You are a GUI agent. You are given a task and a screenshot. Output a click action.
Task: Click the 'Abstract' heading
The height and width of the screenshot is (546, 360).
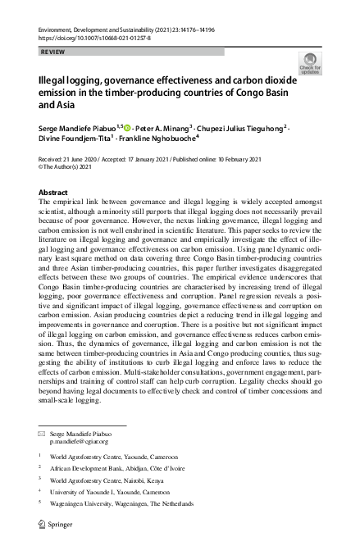click(53, 192)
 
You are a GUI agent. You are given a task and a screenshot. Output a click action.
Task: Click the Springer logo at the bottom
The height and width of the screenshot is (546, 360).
click(61, 522)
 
